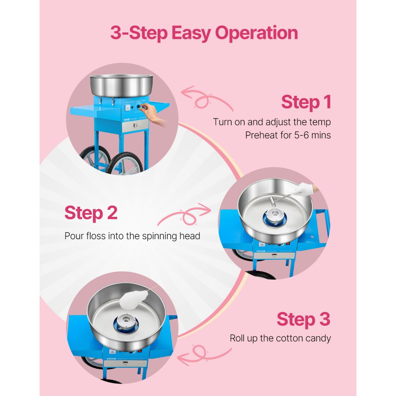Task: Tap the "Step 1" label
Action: (x=306, y=102)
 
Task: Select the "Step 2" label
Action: (x=91, y=213)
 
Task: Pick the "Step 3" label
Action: (x=303, y=319)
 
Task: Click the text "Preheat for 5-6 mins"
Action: (x=288, y=135)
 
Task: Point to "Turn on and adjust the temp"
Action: (x=272, y=122)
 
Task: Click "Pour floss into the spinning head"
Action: (x=132, y=236)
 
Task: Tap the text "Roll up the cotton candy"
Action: (x=280, y=338)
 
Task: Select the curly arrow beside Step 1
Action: (x=207, y=99)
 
